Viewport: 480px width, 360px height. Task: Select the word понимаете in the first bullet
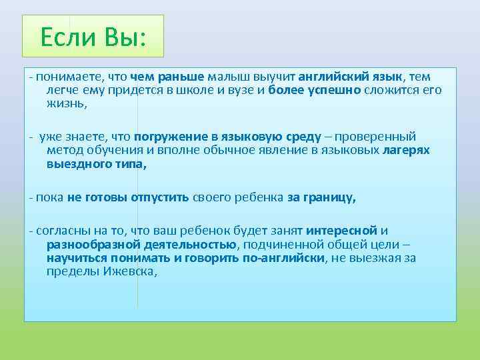click(65, 77)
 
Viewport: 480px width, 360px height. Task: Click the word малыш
click(227, 77)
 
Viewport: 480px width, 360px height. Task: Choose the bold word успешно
click(333, 90)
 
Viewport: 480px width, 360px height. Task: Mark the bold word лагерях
click(406, 151)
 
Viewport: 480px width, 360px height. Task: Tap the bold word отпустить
click(160, 197)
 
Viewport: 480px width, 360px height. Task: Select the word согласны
click(61, 231)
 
